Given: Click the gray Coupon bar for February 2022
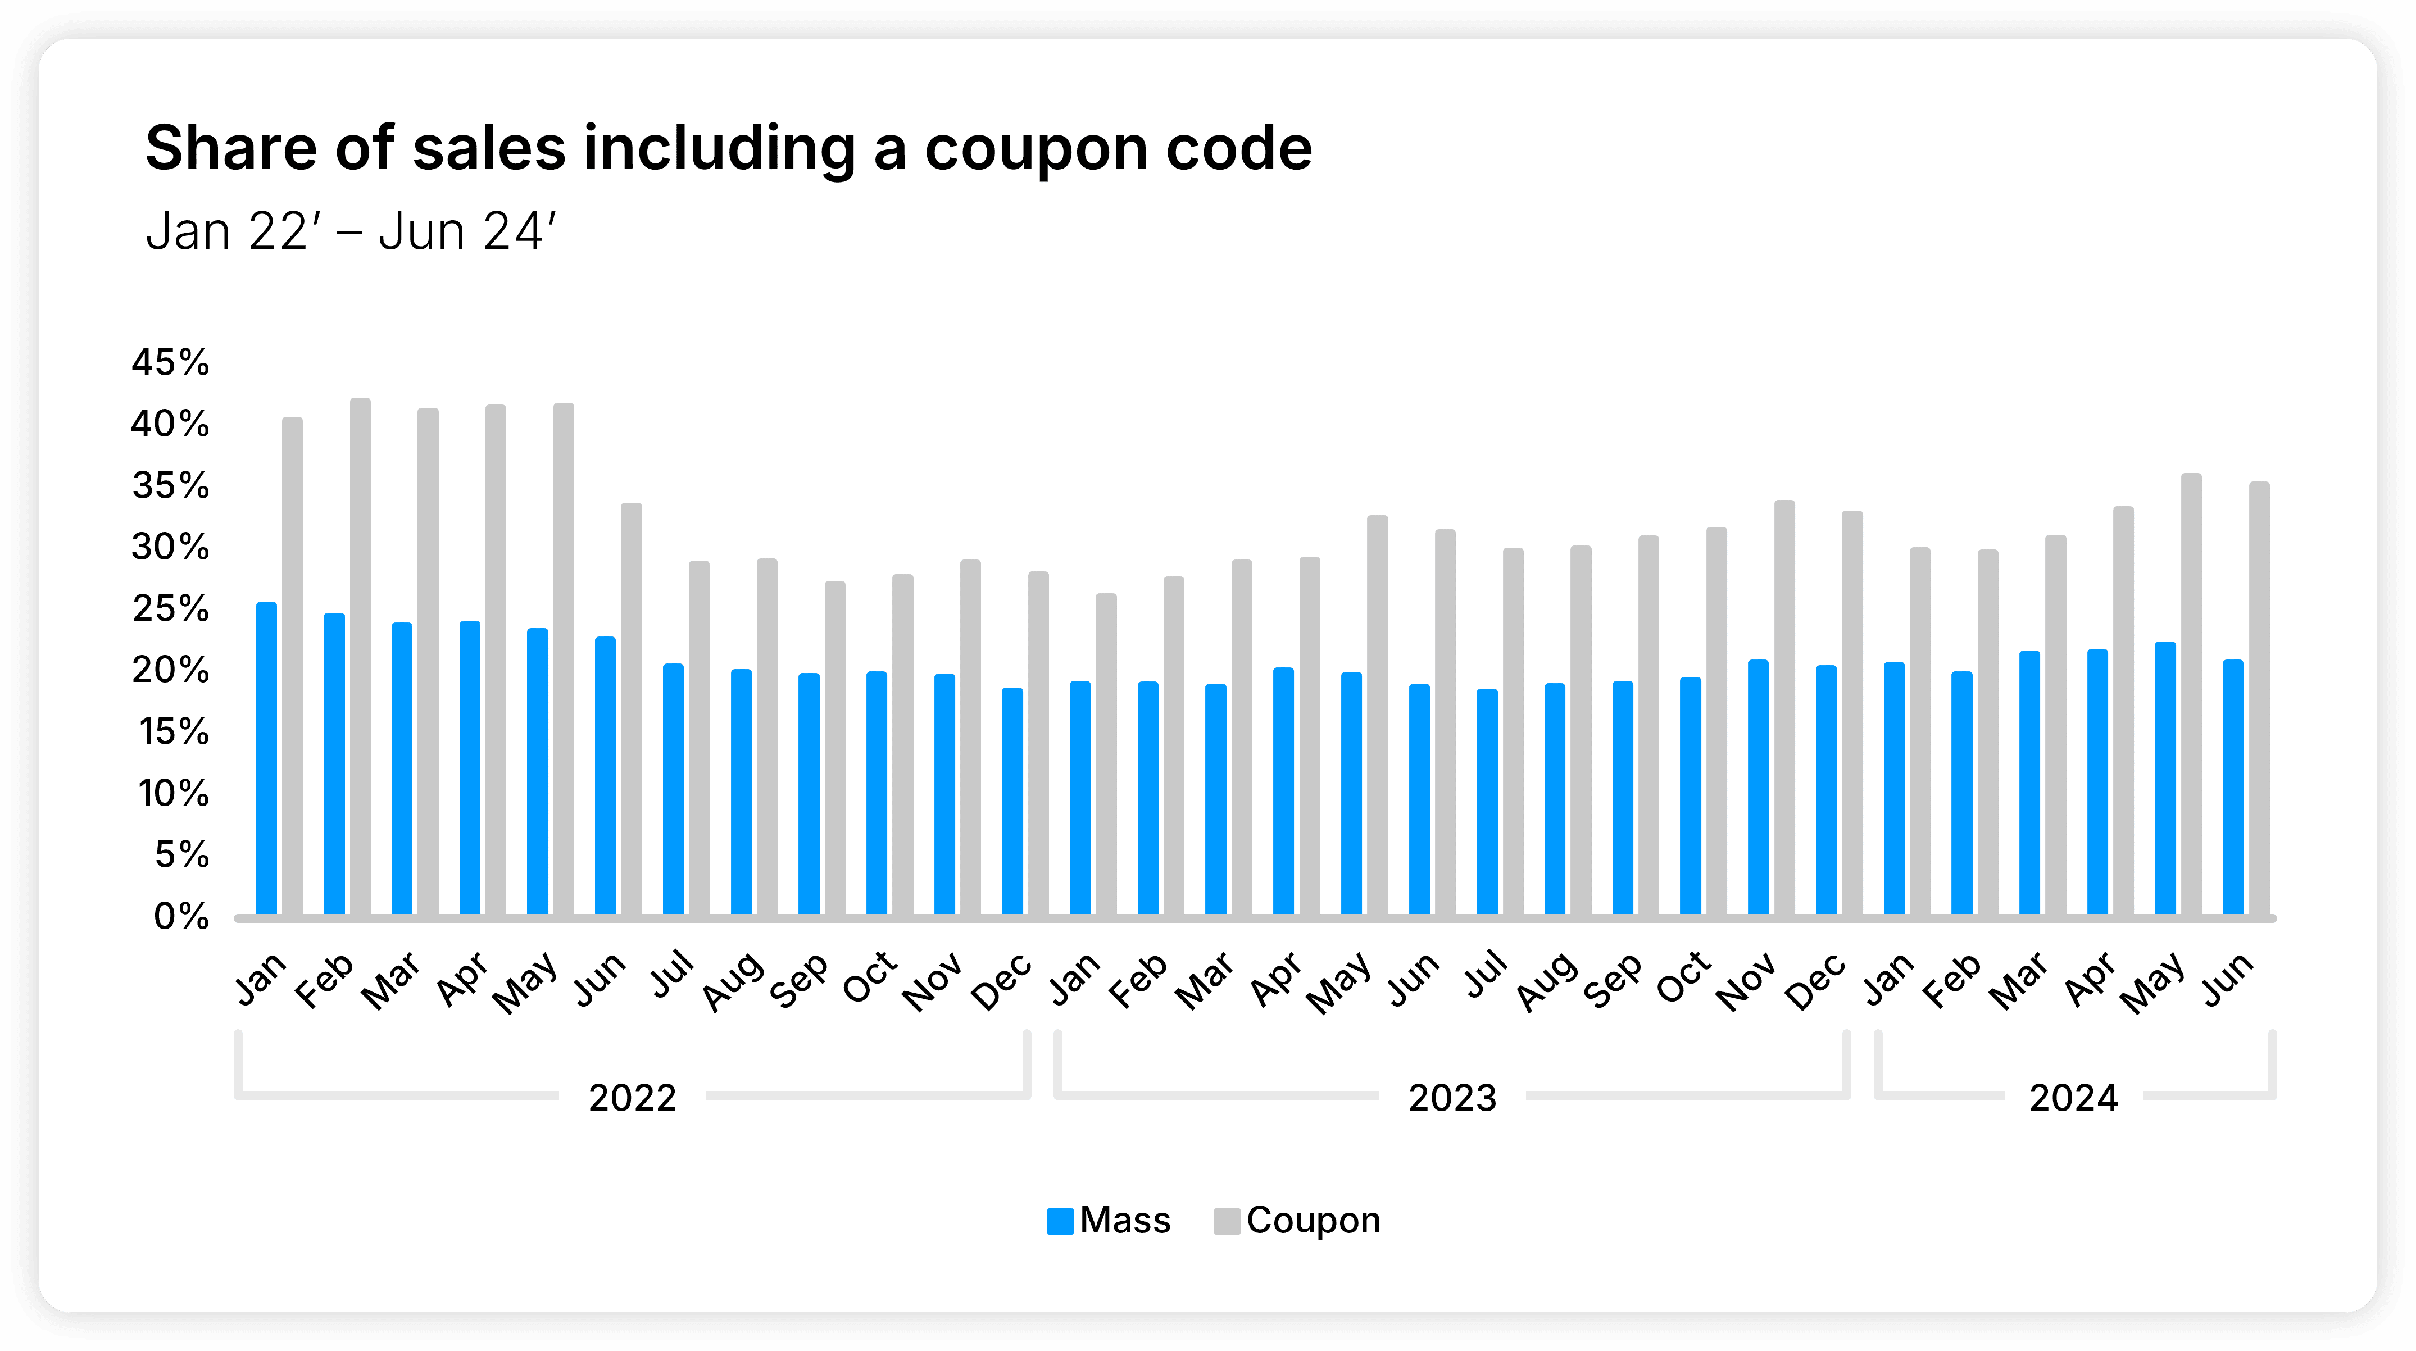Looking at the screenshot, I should tap(360, 656).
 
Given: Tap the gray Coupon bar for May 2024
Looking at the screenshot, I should tap(2191, 694).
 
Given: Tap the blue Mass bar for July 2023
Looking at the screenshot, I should tap(1487, 802).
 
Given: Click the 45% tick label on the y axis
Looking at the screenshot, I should tap(170, 362).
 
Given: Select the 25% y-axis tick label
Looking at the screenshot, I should tap(170, 608).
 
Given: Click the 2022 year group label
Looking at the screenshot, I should tap(632, 1098).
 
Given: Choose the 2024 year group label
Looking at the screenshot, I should tap(2073, 1098).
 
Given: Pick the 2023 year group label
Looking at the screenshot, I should tap(1452, 1098).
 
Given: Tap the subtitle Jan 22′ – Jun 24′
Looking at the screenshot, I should tap(351, 231).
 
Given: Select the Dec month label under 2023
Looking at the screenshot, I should tap(1816, 981).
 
